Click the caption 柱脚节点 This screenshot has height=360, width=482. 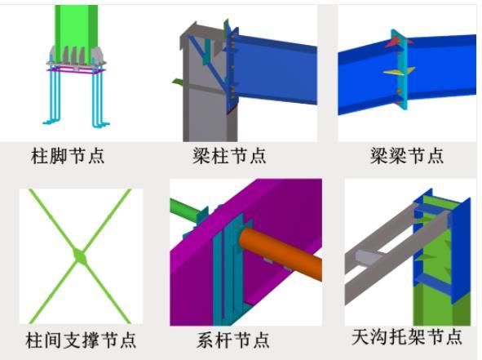[x=68, y=156]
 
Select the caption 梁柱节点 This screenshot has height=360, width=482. [x=229, y=156]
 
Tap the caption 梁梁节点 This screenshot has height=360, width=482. [x=407, y=156]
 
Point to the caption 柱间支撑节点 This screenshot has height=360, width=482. [x=81, y=340]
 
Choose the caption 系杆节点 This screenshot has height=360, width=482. [x=233, y=340]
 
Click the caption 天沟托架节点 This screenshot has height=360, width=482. [x=407, y=336]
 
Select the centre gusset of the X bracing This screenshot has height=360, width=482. [x=80, y=256]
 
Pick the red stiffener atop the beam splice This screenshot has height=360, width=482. [x=395, y=42]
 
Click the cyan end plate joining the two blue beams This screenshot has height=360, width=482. [x=402, y=70]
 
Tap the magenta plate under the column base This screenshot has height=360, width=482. [x=76, y=70]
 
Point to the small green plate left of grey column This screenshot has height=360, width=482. [x=177, y=82]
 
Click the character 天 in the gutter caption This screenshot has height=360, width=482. [x=360, y=336]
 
